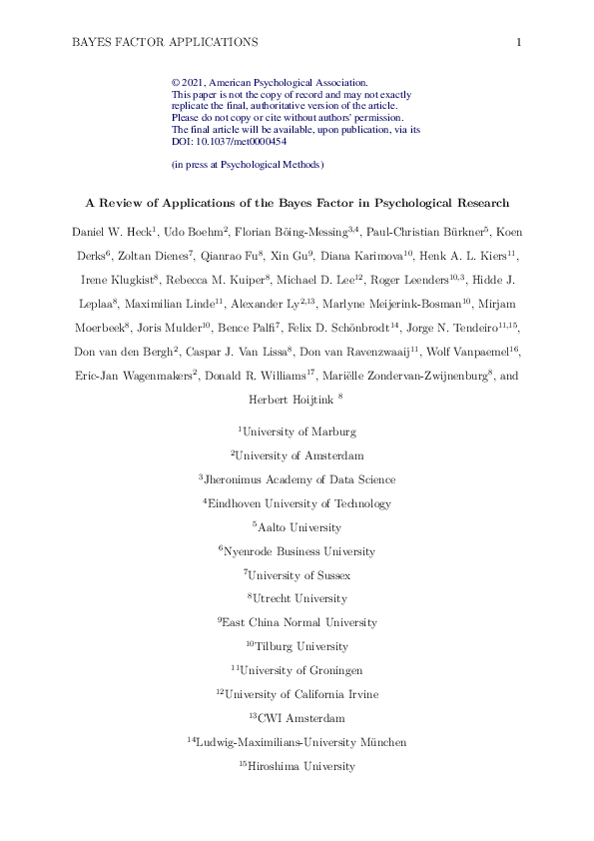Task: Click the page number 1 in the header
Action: [x=520, y=42]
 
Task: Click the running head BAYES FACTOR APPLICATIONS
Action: [x=166, y=42]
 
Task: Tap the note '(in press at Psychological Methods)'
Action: [x=249, y=164]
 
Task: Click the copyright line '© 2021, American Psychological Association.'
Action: [x=271, y=83]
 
